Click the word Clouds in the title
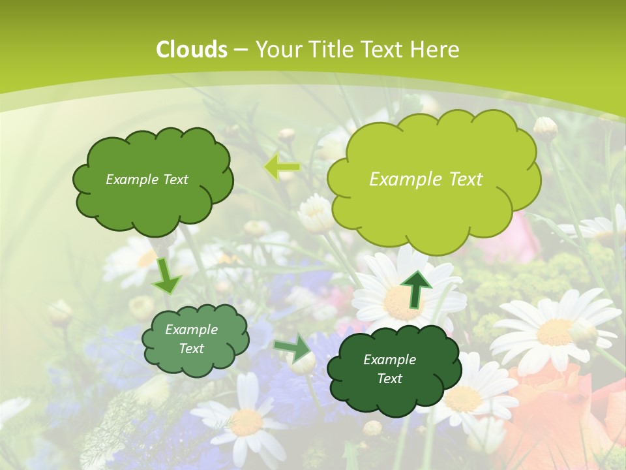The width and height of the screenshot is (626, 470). [x=192, y=49]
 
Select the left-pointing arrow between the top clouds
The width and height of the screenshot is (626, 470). [x=281, y=168]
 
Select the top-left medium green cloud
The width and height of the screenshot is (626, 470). [x=153, y=209]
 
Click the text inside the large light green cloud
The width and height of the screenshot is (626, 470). [x=426, y=180]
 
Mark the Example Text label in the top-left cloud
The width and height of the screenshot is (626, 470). [x=147, y=180]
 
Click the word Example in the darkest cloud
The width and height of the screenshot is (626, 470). [x=389, y=360]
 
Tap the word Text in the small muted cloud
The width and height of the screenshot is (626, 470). [x=192, y=349]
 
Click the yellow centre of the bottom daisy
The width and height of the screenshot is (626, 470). [x=246, y=423]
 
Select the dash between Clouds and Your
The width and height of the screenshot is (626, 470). [x=240, y=50]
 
